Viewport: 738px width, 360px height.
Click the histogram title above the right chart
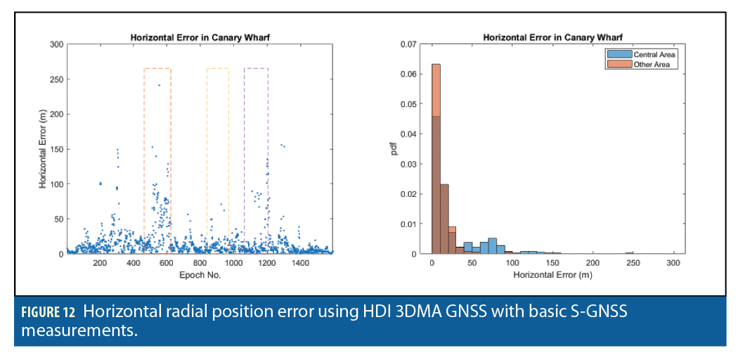coord(552,37)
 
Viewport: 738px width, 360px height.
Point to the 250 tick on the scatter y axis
coord(56,79)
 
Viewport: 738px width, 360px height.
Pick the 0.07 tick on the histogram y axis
coord(410,44)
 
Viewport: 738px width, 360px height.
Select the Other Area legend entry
coord(654,64)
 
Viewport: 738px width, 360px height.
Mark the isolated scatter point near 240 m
coord(159,86)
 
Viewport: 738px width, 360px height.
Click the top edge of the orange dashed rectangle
coord(157,68)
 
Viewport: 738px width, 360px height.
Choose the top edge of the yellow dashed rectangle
coord(217,68)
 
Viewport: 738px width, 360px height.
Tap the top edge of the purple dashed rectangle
coord(256,68)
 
